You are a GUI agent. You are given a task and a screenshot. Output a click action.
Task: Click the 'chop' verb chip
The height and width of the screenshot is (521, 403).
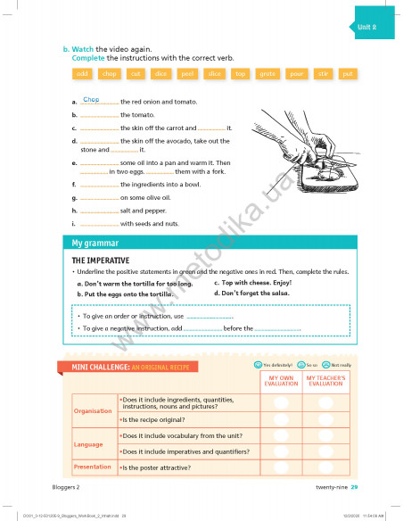click(x=109, y=73)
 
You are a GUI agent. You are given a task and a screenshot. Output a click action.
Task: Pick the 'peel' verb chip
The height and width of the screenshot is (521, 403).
click(x=188, y=73)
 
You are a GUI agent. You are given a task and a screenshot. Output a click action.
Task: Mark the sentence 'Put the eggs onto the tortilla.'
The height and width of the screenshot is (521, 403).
click(x=124, y=294)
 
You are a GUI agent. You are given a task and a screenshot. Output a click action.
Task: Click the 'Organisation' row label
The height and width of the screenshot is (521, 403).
click(x=93, y=411)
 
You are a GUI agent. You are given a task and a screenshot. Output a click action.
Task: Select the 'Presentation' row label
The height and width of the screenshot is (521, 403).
click(x=93, y=467)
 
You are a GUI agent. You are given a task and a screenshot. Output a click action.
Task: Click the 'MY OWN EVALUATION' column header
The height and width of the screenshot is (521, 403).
click(x=281, y=380)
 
